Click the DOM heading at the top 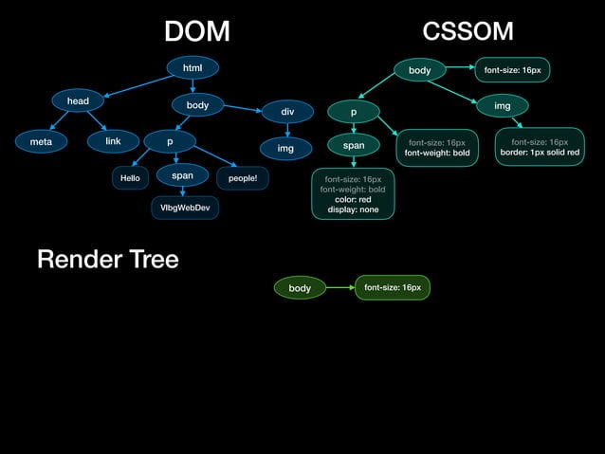[196, 31]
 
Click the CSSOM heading [467, 31]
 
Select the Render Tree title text [107, 259]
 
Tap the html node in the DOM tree [192, 67]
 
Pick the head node [78, 100]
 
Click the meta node [41, 141]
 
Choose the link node [113, 141]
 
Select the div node [286, 112]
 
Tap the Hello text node [129, 177]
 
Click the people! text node [242, 177]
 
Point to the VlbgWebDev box [185, 208]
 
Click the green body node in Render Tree [300, 288]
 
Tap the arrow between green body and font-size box [339, 287]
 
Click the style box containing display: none [353, 193]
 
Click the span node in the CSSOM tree [353, 146]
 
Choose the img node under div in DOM [285, 149]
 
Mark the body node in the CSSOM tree [419, 70]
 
